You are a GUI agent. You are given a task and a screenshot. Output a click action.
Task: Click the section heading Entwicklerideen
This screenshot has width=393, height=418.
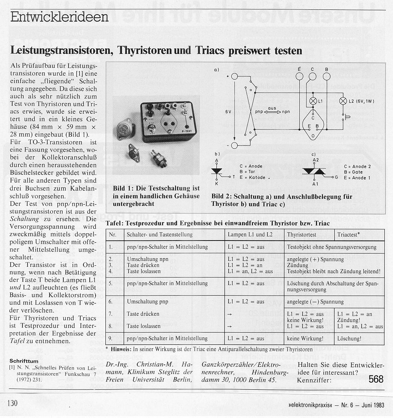click(x=59, y=17)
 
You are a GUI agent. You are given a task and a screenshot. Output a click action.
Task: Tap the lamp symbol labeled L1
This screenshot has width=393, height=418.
click(x=314, y=101)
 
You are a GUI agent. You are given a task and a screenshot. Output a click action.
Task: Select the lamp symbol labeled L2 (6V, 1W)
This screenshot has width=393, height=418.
click(x=342, y=101)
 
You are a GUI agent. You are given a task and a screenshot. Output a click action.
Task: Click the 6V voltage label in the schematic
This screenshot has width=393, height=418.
click(x=229, y=112)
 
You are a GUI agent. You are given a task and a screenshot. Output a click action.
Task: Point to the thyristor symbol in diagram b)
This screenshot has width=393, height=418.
click(x=217, y=171)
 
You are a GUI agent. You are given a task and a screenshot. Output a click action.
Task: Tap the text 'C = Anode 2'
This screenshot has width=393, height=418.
click(x=357, y=167)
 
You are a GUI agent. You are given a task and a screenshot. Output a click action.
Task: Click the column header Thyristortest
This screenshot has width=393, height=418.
click(x=302, y=235)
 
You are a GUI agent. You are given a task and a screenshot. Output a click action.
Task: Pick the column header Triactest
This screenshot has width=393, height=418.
click(x=349, y=235)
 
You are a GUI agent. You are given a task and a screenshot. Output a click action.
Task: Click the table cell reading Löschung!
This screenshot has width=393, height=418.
click(x=349, y=338)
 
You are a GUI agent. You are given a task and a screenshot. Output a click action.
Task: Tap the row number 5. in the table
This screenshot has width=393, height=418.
click(x=111, y=283)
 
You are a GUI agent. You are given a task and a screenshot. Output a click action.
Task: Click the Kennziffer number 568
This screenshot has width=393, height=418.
click(x=376, y=379)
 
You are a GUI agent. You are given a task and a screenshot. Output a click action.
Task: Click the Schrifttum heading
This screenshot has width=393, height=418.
click(x=24, y=361)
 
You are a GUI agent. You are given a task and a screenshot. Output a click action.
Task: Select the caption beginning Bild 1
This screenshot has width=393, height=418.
click(x=156, y=196)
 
